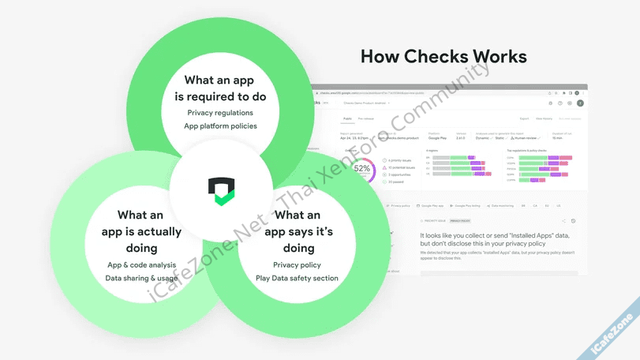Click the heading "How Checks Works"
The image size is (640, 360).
tap(443, 57)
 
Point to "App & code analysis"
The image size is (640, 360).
tap(142, 264)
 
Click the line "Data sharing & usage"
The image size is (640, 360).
tap(142, 278)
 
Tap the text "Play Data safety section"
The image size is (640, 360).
tap(297, 278)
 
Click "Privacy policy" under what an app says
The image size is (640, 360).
tap(297, 264)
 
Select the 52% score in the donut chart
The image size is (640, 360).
tap(361, 168)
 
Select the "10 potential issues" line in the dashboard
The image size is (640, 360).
tap(403, 168)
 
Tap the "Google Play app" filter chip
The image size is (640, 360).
tap(433, 205)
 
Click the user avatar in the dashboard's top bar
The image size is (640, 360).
tap(580, 103)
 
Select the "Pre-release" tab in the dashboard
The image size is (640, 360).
tap(366, 119)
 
